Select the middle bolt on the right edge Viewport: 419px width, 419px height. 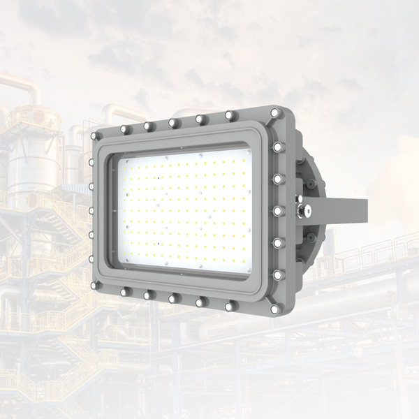click(x=277, y=210)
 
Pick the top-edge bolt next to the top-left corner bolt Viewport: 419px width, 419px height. click(x=124, y=129)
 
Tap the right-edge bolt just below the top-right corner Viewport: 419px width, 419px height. click(x=277, y=147)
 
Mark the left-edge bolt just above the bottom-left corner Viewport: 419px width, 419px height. click(x=92, y=258)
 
